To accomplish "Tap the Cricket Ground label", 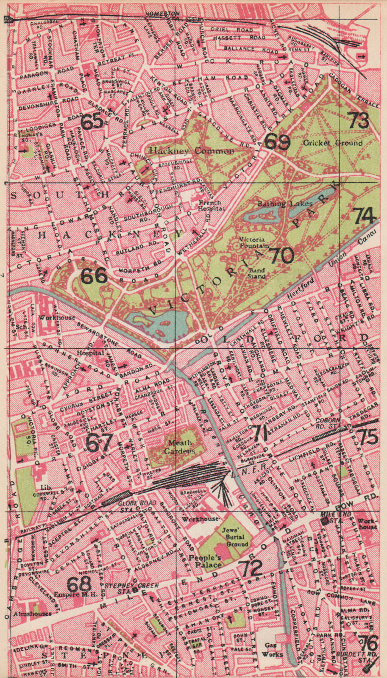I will point(333,143).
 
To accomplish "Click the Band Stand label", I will point(256,273).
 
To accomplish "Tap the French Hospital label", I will point(211,205).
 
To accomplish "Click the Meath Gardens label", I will point(180,446).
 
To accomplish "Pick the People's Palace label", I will point(205,561).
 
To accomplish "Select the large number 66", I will point(94,276).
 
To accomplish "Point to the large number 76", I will point(367,644).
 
